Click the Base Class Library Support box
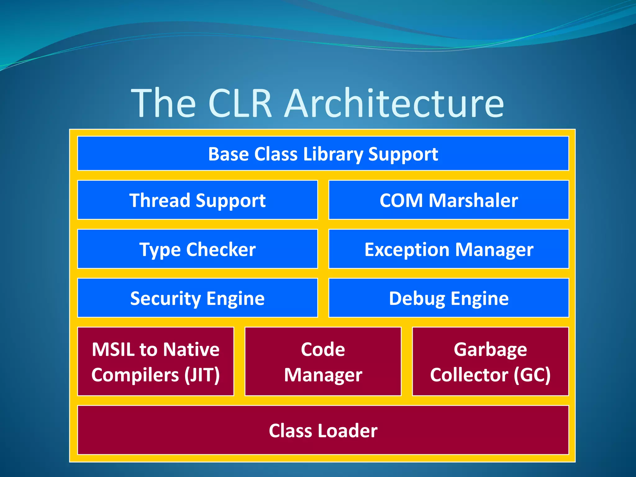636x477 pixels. [323, 153]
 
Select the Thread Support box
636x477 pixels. [198, 200]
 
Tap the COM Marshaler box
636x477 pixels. [448, 200]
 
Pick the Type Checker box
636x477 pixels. [198, 249]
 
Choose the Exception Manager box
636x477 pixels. [448, 249]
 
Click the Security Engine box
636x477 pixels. [198, 298]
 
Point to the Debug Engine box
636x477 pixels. [448, 298]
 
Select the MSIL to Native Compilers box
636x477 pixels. [156, 361]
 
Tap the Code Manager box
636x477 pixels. [323, 361]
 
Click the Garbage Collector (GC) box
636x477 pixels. [490, 361]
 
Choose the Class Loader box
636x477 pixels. [323, 430]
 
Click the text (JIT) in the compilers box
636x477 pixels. [202, 375]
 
